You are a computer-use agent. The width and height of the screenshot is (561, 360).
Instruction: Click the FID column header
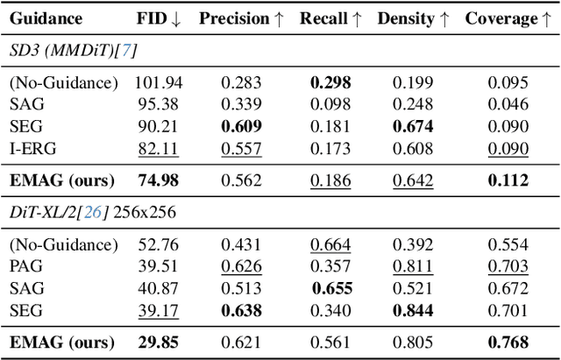156,18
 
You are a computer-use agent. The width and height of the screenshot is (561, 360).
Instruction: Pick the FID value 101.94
157,83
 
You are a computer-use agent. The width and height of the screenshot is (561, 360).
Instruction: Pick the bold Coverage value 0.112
509,181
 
